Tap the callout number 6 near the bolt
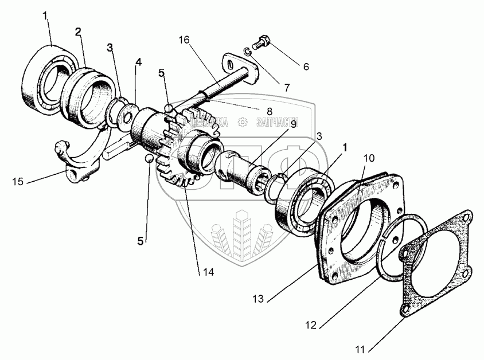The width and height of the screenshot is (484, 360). pos(306,66)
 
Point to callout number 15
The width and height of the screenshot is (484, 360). pos(17,182)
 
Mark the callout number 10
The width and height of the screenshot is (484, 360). pos(368,157)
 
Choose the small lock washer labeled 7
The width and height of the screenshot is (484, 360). pos(247,53)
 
